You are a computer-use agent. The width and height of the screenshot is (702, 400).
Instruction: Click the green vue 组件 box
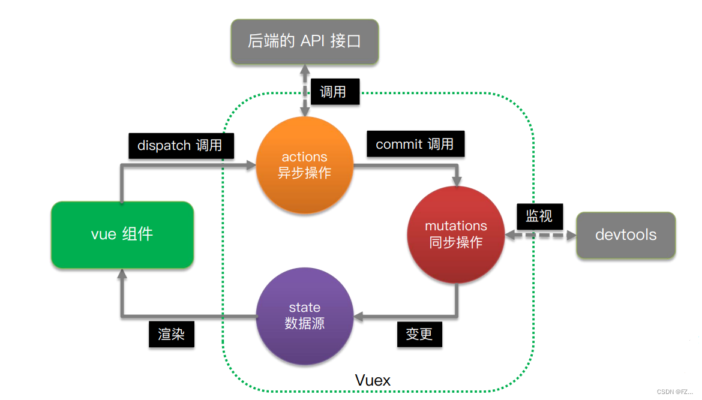point(122,234)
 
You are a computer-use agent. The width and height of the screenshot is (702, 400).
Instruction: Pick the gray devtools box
point(626,234)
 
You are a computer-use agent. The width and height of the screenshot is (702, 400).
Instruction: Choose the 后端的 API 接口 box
point(305,41)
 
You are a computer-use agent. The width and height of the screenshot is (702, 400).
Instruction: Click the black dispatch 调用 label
point(181,145)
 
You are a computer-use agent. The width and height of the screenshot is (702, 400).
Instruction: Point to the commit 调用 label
point(415,145)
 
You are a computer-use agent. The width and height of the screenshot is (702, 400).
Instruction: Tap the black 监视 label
point(539,215)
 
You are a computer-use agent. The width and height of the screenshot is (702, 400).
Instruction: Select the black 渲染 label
point(171,333)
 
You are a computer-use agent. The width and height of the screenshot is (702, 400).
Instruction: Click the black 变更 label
point(419,333)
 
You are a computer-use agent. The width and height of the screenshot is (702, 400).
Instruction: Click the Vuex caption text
point(373,380)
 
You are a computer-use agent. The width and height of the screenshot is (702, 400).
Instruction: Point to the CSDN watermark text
point(674,392)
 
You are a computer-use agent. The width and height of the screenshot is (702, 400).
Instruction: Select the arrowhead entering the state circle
point(358,315)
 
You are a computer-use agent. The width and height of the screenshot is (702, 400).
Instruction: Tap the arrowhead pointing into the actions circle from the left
point(250,164)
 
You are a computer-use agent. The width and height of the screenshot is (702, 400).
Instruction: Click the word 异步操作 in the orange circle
point(304,173)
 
